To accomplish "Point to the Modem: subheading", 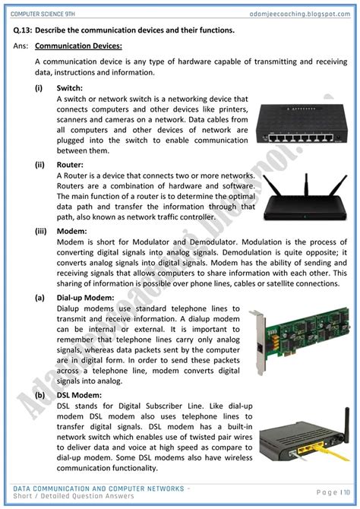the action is pyautogui.click(x=73, y=231).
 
